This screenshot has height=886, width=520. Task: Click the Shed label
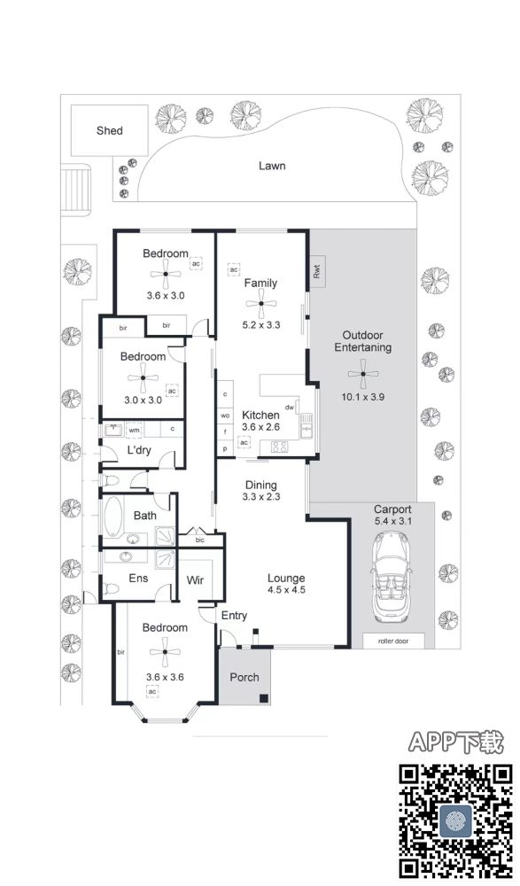pos(109,130)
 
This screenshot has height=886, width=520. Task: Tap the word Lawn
pos(272,166)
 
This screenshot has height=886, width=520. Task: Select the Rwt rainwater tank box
pos(317,272)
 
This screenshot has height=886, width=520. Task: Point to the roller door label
pos(392,641)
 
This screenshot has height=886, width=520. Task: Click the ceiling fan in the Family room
pos(261,304)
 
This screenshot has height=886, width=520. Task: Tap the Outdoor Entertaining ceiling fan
pos(363,374)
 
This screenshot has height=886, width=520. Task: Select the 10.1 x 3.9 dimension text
pos(363,397)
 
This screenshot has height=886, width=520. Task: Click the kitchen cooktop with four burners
pos(279,447)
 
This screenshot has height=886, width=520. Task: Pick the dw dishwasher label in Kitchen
pos(290,408)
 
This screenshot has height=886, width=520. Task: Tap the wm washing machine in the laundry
pos(134,430)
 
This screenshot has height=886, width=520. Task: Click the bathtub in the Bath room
pos(113,516)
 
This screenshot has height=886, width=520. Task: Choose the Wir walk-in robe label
pos(195,580)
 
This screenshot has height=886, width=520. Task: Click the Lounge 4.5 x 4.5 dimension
pos(286,590)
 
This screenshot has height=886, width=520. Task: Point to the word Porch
pos(244,677)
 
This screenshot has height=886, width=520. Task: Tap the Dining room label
pos(261,485)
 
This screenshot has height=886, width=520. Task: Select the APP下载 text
pos(455,742)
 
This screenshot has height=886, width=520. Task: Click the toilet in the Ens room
pos(112,589)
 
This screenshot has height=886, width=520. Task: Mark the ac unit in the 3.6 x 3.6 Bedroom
pos(152,692)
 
